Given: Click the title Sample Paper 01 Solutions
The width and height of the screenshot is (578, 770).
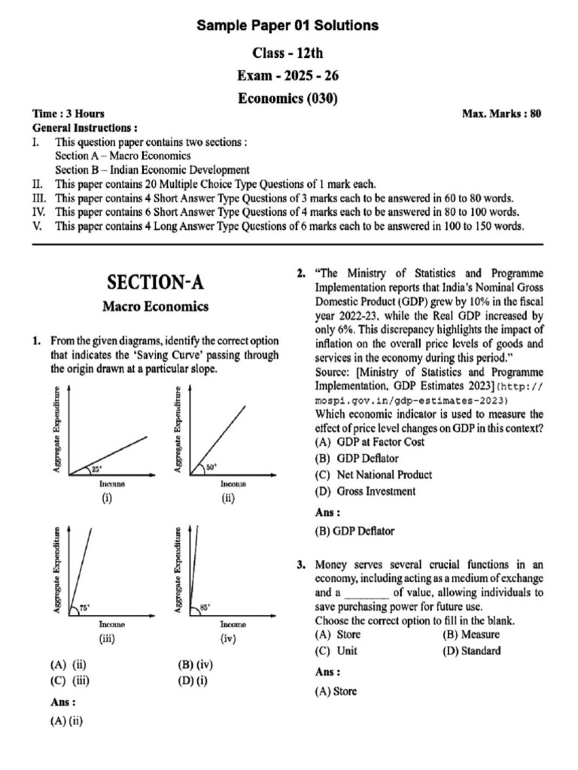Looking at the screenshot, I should coord(287,26).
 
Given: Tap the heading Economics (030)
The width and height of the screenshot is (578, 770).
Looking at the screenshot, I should coord(287,99).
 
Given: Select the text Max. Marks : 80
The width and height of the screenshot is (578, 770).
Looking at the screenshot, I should coord(502,114).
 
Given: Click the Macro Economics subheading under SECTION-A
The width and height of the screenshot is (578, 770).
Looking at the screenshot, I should coord(155,307).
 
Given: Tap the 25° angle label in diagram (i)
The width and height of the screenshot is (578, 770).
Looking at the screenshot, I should coord(96,468).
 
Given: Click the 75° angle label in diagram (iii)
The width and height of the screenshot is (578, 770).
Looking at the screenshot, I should coord(84,608).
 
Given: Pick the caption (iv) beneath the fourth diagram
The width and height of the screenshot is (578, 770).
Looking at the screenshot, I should coord(229,638).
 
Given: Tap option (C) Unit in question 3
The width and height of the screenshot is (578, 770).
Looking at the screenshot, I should coord(336,650).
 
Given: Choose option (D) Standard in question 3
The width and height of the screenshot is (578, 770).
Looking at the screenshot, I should coord(471,650).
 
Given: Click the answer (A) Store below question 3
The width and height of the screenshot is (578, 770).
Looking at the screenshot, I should coord(336,691).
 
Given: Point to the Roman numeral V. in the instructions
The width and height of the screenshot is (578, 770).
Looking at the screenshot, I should coord(37,226).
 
